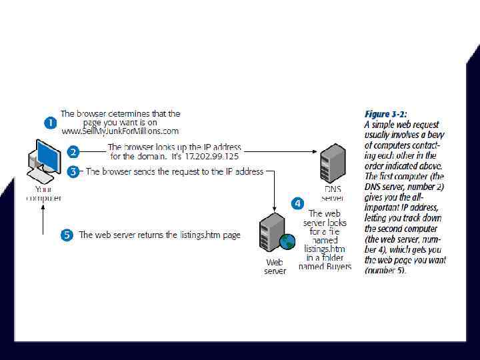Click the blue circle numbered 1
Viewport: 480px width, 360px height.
pos(50,123)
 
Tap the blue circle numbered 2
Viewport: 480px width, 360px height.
pos(74,152)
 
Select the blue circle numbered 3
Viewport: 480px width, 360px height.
pos(74,171)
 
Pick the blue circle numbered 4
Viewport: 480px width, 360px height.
pos(297,203)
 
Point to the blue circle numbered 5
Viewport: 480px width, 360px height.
pos(67,235)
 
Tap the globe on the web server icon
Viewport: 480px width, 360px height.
pos(287,241)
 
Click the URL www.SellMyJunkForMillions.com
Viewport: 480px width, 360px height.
pos(121,131)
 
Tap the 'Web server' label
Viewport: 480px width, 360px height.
pos(275,267)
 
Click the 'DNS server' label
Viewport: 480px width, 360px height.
pos(332,193)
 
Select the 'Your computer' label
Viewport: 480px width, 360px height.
pos(43,193)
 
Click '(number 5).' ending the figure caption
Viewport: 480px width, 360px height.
pos(385,271)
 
